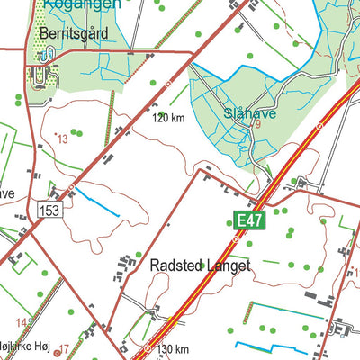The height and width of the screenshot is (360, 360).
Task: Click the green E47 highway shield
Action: (251, 220)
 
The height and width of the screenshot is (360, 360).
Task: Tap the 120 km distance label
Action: (169, 118)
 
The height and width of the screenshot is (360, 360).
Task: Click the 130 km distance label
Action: (172, 349)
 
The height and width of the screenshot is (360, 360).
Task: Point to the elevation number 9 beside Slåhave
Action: (258, 124)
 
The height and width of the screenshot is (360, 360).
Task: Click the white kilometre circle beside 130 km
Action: (148, 348)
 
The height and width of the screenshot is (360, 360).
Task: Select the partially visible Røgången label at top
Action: (81, 4)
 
